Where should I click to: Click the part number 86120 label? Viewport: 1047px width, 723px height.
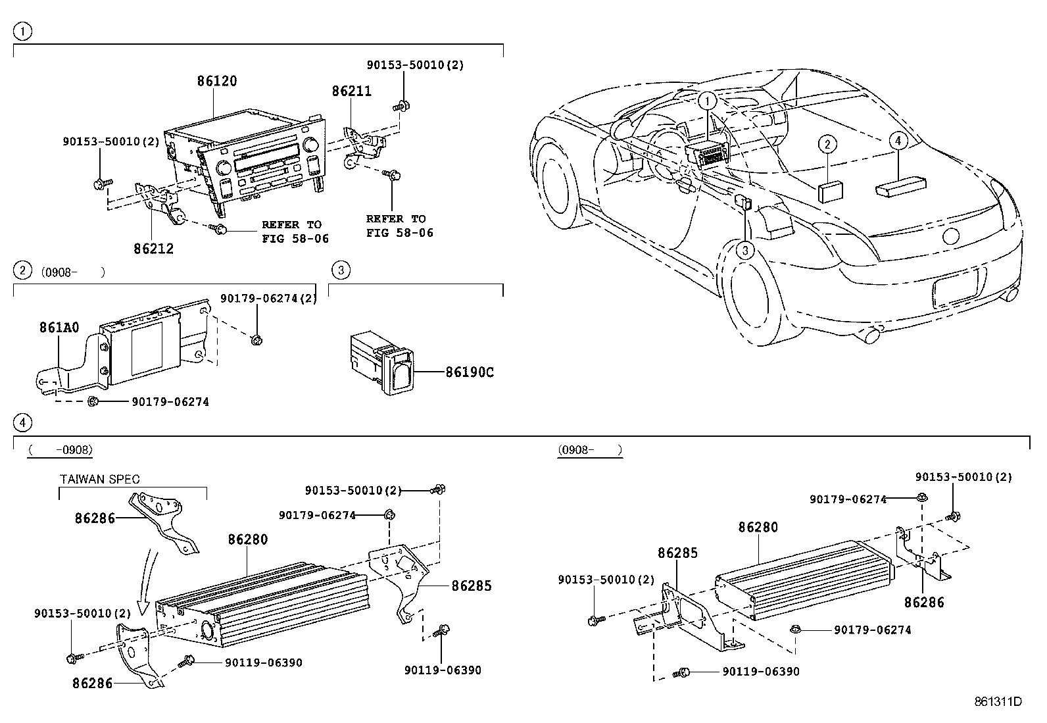tap(217, 82)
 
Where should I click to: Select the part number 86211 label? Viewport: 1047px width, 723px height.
tap(351, 91)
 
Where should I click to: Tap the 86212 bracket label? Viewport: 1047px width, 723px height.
tap(153, 249)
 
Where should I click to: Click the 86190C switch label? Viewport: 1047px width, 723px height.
tap(469, 372)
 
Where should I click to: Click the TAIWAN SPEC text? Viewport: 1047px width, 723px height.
tap(100, 480)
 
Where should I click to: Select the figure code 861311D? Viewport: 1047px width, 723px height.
tap(998, 701)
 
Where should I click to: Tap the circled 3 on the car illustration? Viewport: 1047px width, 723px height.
tap(745, 250)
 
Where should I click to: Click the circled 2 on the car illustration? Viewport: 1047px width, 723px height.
tap(827, 144)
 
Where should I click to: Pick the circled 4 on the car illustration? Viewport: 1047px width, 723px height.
tap(898, 140)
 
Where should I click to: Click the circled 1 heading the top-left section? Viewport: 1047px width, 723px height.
tap(23, 30)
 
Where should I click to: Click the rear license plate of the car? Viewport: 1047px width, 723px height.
tap(956, 287)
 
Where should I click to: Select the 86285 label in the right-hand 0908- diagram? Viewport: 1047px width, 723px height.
tap(677, 553)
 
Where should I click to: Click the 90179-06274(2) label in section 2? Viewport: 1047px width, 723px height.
tap(268, 299)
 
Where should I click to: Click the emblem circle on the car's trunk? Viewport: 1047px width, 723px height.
tap(952, 237)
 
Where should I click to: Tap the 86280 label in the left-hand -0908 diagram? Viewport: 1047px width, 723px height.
tap(248, 539)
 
